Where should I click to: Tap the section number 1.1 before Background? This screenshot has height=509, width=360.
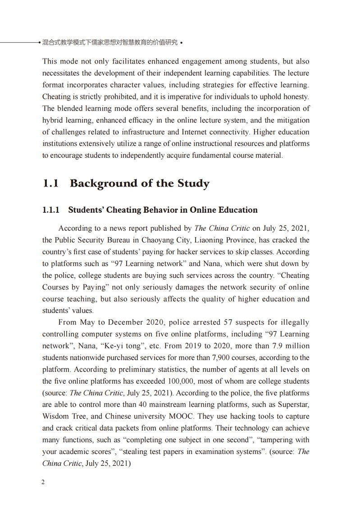[50, 184]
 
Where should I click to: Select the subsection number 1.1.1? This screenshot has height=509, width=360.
[51, 210]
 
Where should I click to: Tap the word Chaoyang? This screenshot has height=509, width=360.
[160, 240]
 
